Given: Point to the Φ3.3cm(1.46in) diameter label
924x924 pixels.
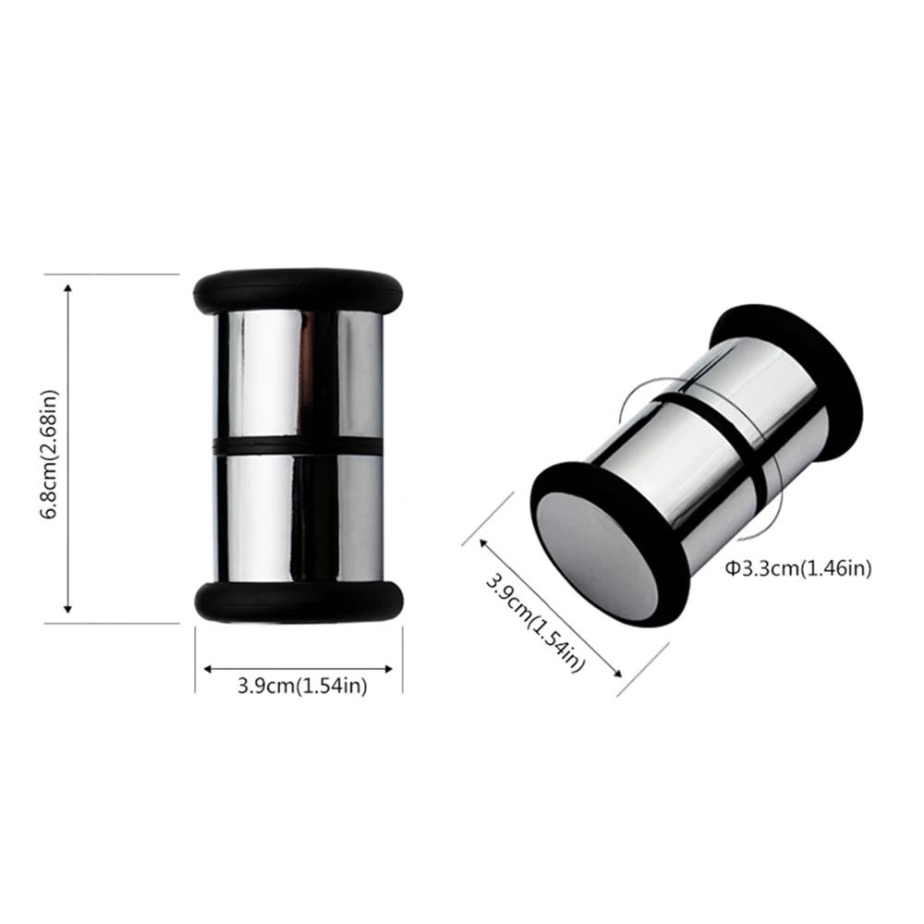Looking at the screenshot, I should tap(797, 569).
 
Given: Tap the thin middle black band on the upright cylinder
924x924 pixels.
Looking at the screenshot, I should tap(298, 446).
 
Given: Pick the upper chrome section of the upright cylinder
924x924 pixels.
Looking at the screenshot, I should tap(298, 374).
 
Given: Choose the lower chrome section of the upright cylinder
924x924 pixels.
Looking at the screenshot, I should tap(298, 517).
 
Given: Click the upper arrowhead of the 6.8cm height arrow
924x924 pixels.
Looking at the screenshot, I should tap(67, 288).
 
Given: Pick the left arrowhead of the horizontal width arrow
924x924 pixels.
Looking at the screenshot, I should tap(208, 667).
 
